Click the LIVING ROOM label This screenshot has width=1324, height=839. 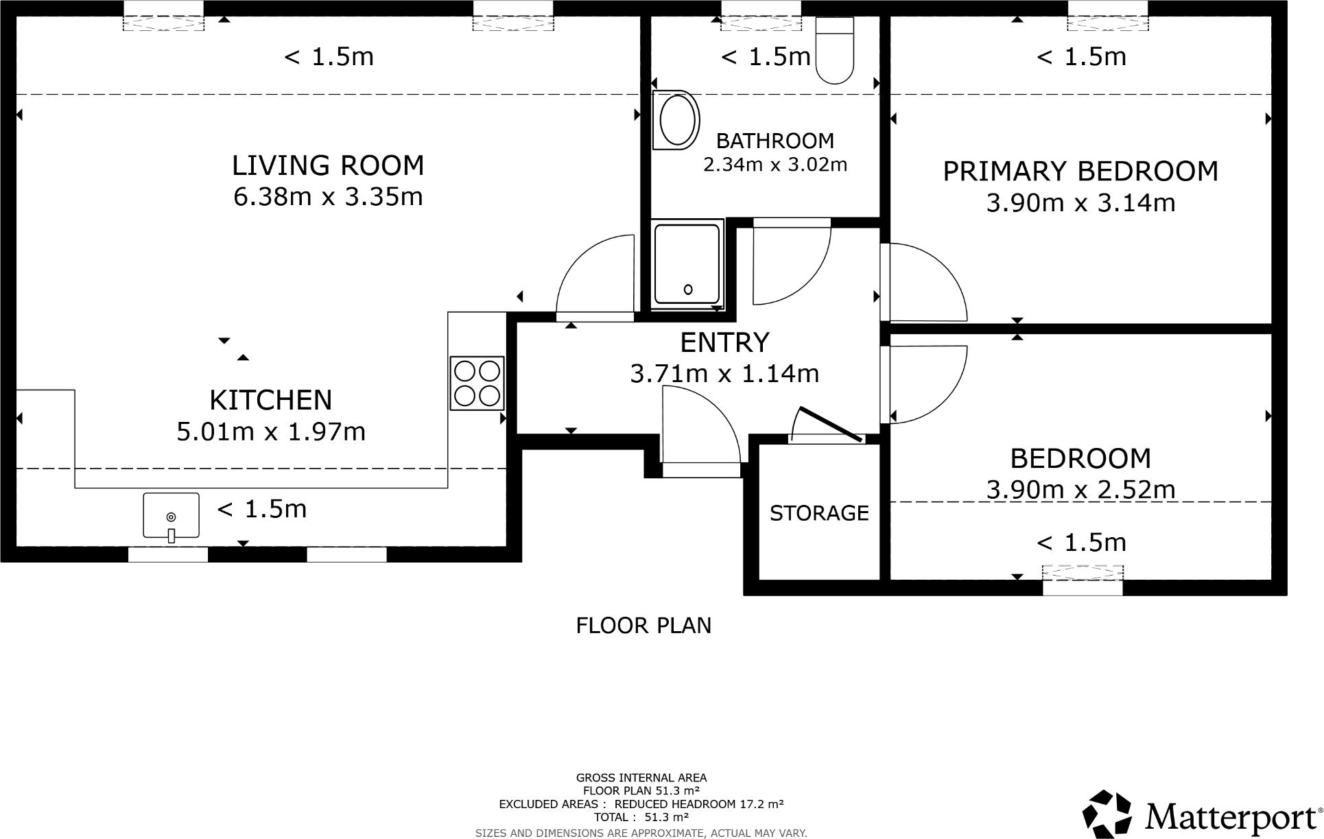tap(328, 166)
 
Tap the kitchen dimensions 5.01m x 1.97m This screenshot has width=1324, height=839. tap(271, 432)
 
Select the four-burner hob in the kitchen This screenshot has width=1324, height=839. tap(477, 383)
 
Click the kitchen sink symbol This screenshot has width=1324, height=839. tap(171, 516)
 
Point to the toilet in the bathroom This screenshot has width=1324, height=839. tap(834, 51)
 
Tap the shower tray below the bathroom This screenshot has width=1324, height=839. tap(687, 262)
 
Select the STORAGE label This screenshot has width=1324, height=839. tap(819, 513)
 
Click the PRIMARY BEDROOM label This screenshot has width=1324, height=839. tap(1080, 172)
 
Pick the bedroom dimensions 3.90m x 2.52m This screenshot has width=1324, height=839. tap(1080, 489)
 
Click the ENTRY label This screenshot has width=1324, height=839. tap(724, 342)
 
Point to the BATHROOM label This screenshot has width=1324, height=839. tap(775, 141)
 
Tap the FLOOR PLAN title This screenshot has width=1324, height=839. tap(643, 626)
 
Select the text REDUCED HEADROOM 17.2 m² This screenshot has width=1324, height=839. tap(698, 804)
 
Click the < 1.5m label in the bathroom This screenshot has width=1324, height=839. tap(766, 57)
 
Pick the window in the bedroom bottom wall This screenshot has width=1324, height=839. tap(1082, 580)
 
